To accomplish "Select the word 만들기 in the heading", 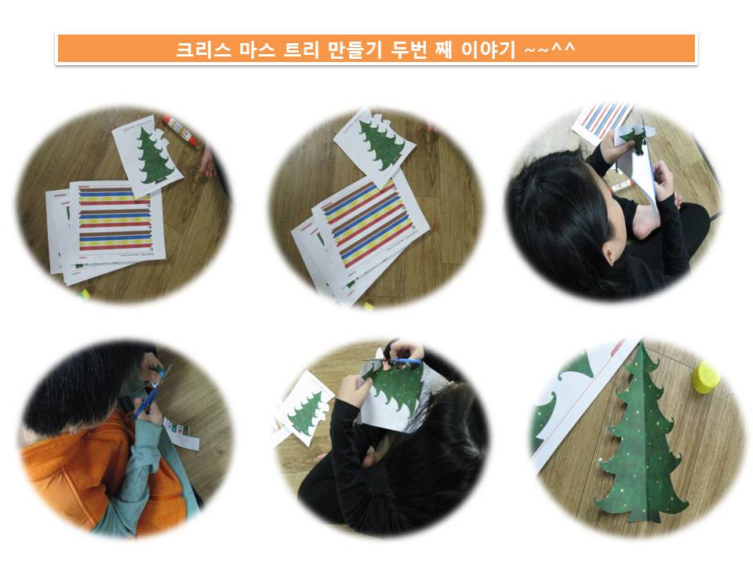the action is pyautogui.click(x=355, y=49).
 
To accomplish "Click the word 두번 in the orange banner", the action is pyautogui.click(x=408, y=49).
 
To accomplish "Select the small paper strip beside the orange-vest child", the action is pyautogui.click(x=181, y=432).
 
